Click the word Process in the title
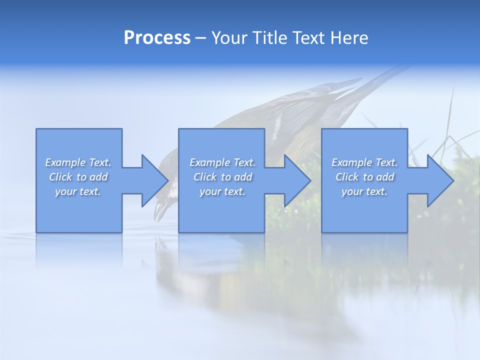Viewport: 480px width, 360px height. pyautogui.click(x=157, y=38)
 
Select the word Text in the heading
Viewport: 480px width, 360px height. pyautogui.click(x=308, y=38)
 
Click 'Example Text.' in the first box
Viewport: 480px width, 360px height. pyautogui.click(x=78, y=162)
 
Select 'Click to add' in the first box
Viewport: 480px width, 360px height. pyautogui.click(x=78, y=177)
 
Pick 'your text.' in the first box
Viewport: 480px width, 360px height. pyautogui.click(x=78, y=191)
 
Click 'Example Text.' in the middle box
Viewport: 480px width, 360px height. pyautogui.click(x=222, y=162)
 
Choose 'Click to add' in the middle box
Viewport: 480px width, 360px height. pyautogui.click(x=222, y=177)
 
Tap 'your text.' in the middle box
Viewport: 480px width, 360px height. pyautogui.click(x=222, y=191)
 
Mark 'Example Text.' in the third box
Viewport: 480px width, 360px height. pyautogui.click(x=364, y=162)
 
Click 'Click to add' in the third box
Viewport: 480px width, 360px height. pyautogui.click(x=364, y=177)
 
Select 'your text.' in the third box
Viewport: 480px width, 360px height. pyautogui.click(x=364, y=191)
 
